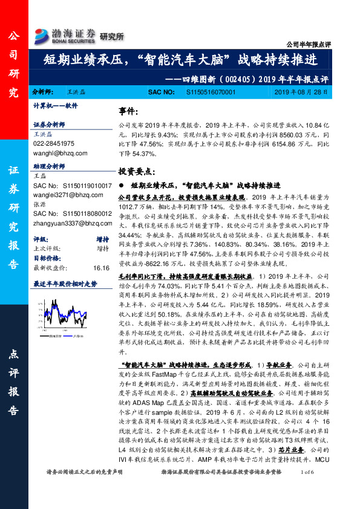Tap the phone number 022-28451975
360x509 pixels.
tap(54, 144)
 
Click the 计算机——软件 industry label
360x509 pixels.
tap(56, 105)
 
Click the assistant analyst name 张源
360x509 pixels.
tap(39, 205)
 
